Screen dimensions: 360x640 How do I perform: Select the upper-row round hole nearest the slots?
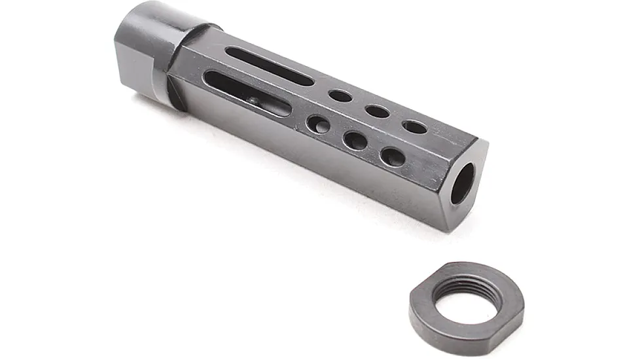pos(340,96)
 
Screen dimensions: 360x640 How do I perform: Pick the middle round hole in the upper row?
pos(378,111)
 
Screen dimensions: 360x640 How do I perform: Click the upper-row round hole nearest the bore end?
pos(415,127)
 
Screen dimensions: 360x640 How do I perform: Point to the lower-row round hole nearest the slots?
pos(319,124)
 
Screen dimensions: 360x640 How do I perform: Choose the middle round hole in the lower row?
pos(355,139)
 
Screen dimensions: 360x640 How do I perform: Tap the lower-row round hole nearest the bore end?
pos(393,156)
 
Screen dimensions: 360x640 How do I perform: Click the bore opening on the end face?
pos(463,183)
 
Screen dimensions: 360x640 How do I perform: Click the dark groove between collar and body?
pos(173,92)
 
